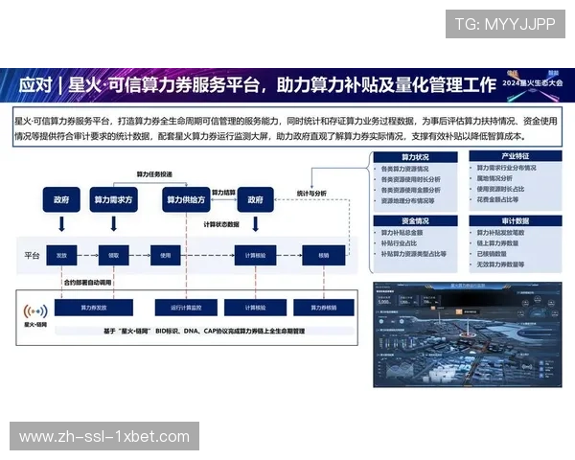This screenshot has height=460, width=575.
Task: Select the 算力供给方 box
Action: (x=189, y=200)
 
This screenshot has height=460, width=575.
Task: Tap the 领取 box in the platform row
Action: (x=114, y=256)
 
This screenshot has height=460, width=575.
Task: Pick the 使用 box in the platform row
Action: (x=165, y=256)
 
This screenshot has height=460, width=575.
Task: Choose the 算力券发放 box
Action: (x=94, y=308)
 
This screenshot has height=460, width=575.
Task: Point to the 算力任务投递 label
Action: (x=154, y=175)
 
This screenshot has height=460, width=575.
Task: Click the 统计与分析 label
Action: (x=311, y=193)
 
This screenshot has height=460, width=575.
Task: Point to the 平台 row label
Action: (x=31, y=256)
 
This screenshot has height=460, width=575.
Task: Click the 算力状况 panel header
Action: (x=415, y=156)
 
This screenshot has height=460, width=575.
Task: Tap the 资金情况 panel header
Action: (x=415, y=220)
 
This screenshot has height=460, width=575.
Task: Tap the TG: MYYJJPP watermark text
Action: (x=504, y=24)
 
